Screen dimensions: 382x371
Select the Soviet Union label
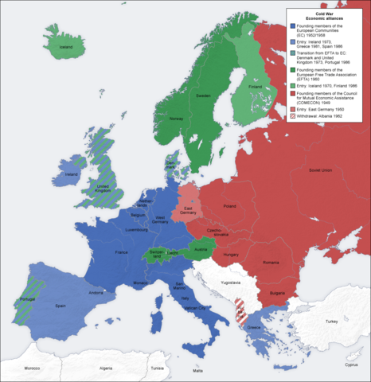click(319, 170)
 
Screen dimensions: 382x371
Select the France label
click(121, 253)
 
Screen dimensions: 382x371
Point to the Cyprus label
click(351, 365)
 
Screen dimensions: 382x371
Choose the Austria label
click(201, 248)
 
